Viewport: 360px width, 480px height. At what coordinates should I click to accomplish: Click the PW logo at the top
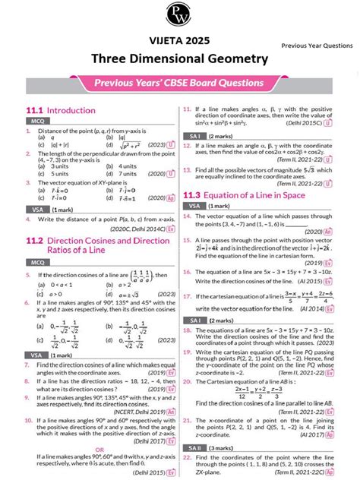[x=180, y=13]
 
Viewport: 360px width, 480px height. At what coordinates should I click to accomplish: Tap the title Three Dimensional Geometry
[x=180, y=58]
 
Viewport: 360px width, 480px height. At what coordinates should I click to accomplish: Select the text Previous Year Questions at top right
[x=317, y=46]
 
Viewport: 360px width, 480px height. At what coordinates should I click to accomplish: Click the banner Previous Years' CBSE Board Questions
[x=179, y=83]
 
